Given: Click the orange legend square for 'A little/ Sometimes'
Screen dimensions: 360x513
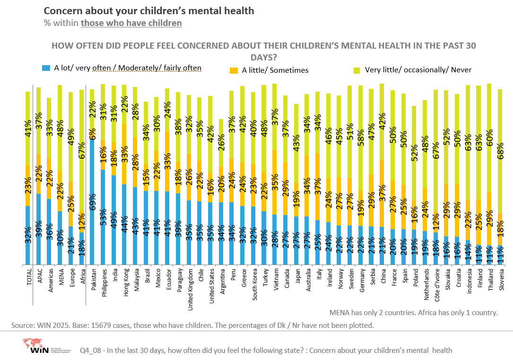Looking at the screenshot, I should pos(233,70).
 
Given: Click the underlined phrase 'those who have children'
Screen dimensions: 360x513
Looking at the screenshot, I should pos(131,23).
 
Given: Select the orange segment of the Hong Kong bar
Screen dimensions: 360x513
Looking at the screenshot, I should pos(124,154).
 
